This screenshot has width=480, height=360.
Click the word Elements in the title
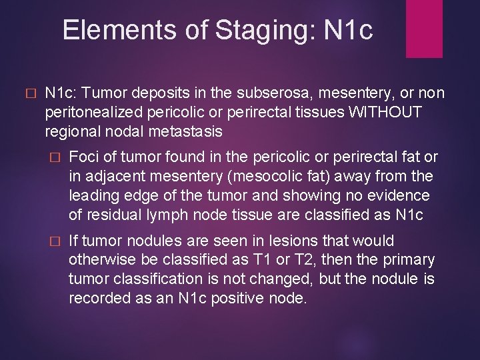coord(105,30)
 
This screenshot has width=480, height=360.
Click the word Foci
coord(83,157)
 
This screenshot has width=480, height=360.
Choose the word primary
coord(413,259)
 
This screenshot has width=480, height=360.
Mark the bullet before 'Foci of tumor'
coord(55,158)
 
